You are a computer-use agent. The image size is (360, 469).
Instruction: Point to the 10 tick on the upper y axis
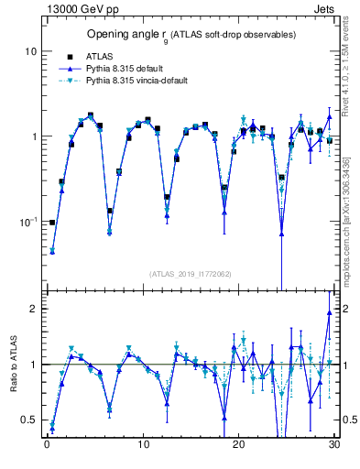point(30,52)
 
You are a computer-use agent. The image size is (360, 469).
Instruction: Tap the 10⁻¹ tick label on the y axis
point(27,221)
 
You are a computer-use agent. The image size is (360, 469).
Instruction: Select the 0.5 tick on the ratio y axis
point(28,420)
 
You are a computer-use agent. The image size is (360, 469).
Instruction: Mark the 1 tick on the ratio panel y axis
point(33,365)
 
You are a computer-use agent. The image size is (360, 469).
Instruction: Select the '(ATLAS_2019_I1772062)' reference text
point(190,274)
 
